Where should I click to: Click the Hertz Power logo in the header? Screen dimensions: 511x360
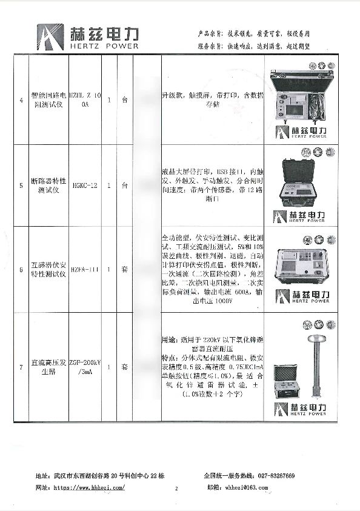(88, 37)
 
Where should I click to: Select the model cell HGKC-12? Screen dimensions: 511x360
(84, 186)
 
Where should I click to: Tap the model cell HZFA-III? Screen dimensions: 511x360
(84, 270)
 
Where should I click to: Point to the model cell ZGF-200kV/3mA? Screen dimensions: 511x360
(84, 367)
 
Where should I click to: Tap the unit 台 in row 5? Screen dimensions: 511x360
(124, 186)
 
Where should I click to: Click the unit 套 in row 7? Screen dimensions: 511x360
(124, 367)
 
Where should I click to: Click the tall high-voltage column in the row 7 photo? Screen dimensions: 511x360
(316, 361)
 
